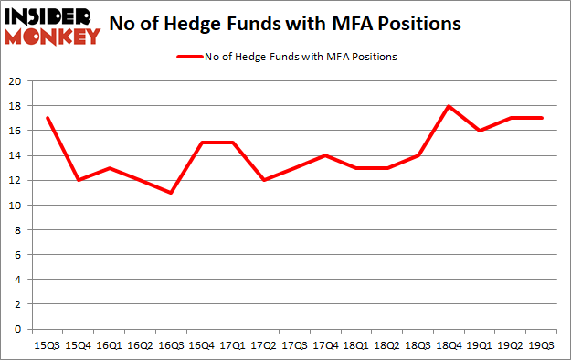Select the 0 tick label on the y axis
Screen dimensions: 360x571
(x=17, y=329)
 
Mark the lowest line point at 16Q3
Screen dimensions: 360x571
(x=172, y=193)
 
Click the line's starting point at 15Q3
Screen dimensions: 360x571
(x=48, y=119)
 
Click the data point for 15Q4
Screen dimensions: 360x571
(x=79, y=180)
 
